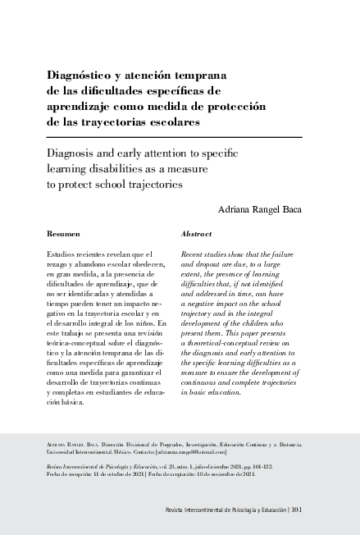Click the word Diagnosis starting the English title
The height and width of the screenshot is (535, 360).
click(x=76, y=153)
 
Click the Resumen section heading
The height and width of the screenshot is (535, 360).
click(x=63, y=234)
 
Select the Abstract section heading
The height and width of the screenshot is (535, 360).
click(x=197, y=234)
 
